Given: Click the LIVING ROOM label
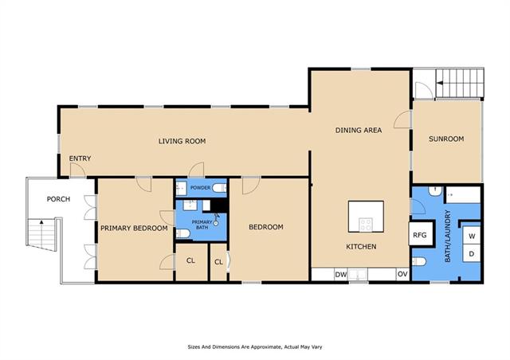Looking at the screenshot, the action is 182,141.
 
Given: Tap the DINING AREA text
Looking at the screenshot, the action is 359,130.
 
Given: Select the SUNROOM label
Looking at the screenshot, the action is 446,139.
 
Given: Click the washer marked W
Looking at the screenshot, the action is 472,236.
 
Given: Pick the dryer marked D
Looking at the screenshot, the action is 472,253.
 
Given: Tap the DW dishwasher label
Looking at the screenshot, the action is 341,275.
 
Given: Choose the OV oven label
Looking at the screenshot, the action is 402,274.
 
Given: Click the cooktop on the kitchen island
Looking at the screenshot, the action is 366,225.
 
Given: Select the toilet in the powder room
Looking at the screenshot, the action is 219,188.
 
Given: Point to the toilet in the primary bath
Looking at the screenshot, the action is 182,233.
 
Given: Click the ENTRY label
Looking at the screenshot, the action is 80,158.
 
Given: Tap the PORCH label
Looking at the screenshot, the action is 58,199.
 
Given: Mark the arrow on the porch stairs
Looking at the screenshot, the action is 41,233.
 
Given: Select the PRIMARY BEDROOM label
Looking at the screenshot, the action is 134,229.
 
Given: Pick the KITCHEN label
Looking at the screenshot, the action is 361,246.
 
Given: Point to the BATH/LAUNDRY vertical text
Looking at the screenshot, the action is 448,236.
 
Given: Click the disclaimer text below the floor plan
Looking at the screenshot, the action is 255,347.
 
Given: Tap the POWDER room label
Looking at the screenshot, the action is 200,188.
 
